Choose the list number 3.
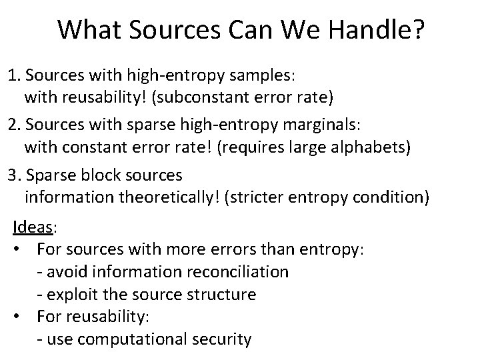(12, 175)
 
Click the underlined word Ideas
(33, 228)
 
